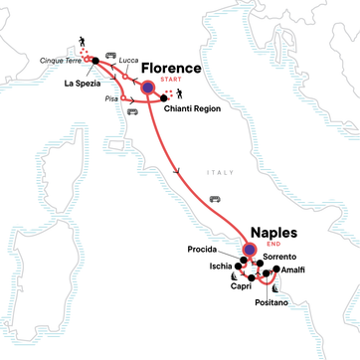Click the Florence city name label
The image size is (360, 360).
pos(171,70)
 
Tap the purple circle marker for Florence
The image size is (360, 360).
pos(147,89)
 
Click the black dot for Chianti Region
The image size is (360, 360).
pos(163,100)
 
